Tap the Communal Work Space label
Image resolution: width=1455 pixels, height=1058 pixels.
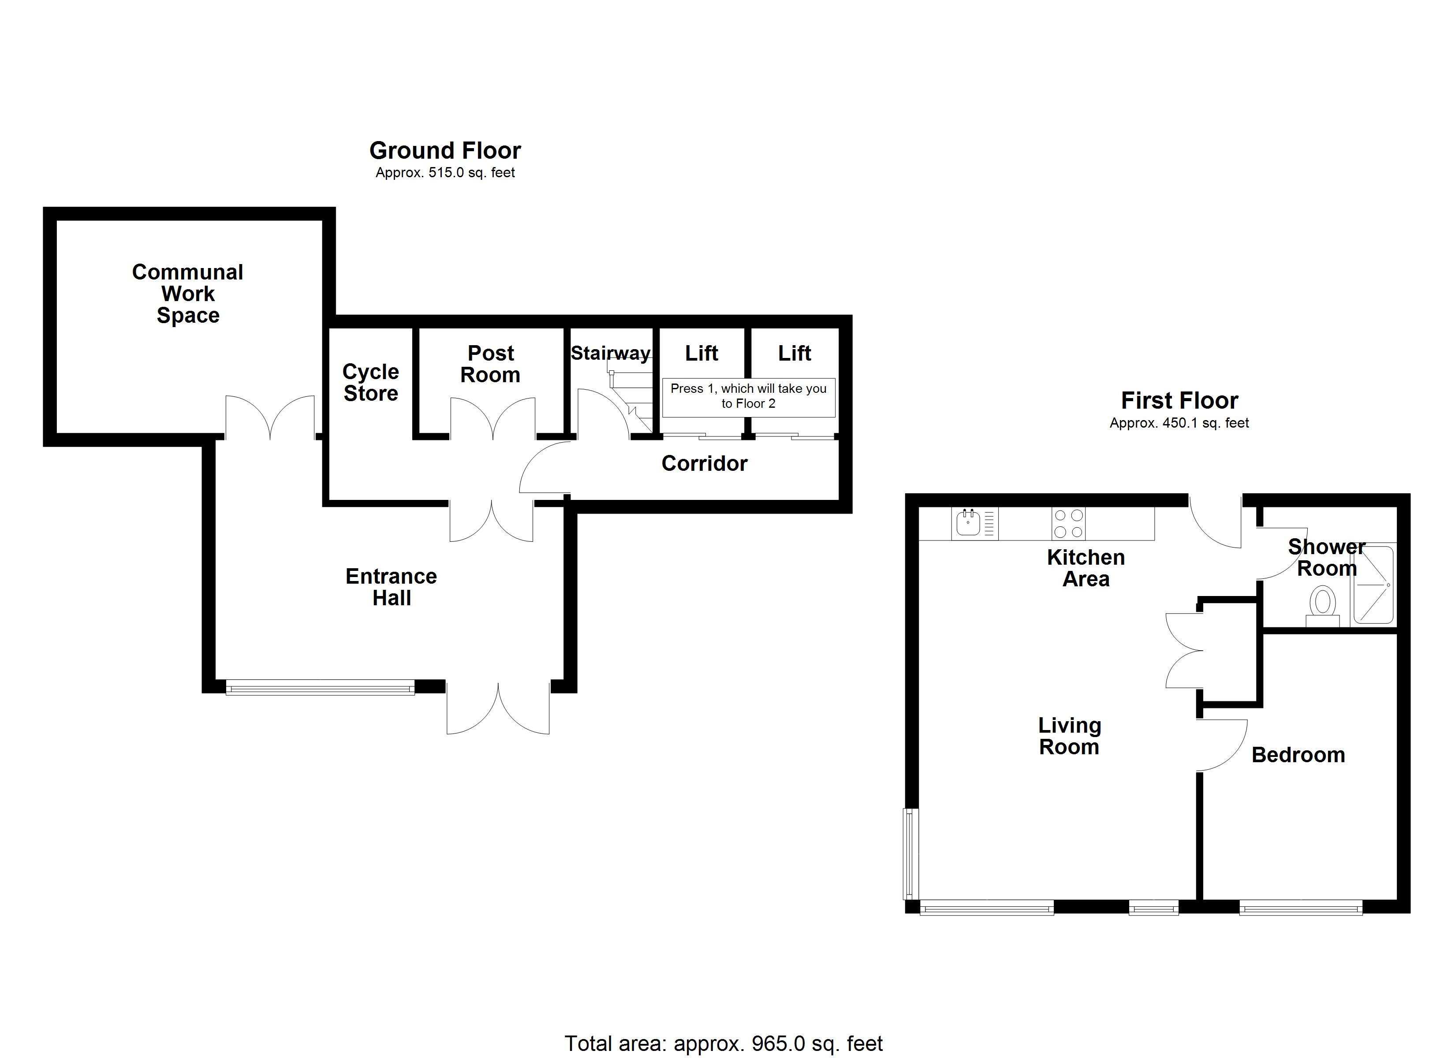tap(187, 294)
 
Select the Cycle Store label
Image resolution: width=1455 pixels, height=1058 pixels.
tap(371, 382)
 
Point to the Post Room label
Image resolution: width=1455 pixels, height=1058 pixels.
tap(491, 364)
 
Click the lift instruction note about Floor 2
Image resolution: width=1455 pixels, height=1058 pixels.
tap(748, 396)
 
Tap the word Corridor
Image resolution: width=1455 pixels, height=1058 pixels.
tap(705, 463)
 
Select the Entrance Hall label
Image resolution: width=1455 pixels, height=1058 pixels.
tap(392, 587)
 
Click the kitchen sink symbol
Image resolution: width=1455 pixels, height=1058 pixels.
tap(968, 523)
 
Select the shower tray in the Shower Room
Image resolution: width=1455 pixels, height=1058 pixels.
tap(1373, 585)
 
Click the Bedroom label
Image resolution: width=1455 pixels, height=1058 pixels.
tap(1298, 755)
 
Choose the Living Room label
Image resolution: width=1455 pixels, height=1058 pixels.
tap(1070, 737)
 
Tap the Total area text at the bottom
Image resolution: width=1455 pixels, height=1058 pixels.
tap(723, 1044)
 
